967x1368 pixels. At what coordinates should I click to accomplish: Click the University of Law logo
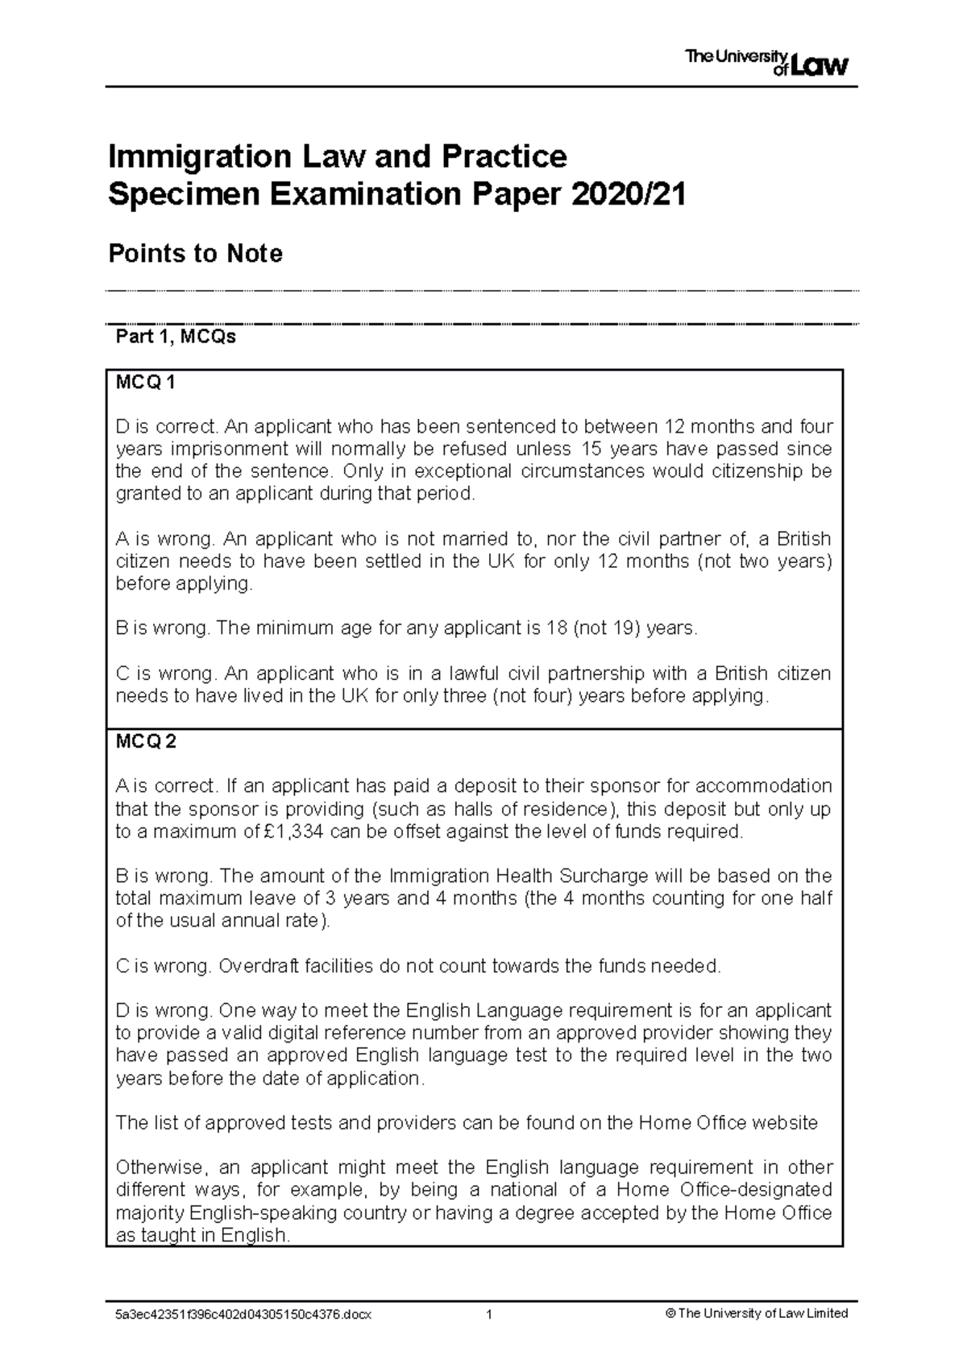coord(766,61)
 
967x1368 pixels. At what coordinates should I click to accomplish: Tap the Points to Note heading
coord(195,254)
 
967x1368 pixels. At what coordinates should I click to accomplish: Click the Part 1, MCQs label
coord(176,337)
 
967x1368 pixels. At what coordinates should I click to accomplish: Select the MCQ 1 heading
coord(146,383)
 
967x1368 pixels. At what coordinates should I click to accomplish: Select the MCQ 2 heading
coord(146,742)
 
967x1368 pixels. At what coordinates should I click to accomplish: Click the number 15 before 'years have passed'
coord(591,448)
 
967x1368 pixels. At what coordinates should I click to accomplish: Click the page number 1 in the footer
coord(488,1314)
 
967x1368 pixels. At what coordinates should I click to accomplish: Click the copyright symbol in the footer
coord(670,1314)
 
